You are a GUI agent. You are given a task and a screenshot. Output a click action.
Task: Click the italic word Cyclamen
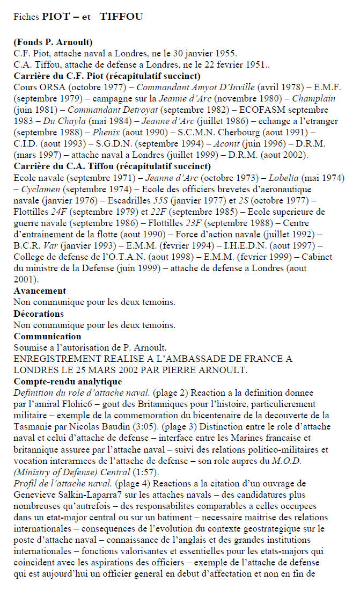pos(40,188)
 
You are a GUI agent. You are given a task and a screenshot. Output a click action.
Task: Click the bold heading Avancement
pos(40,290)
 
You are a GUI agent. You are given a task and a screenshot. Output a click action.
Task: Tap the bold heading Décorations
pos(39,313)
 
